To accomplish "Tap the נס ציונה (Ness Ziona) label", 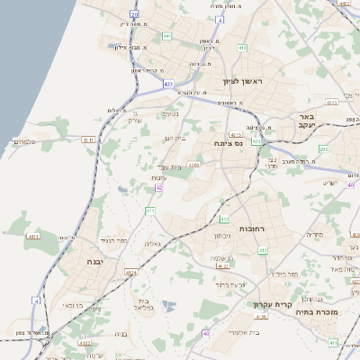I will coord(230,143).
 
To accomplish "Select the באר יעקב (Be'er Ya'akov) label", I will coord(308,122).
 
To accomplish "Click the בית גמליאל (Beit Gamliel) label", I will coord(145,305).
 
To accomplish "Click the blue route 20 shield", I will coord(135,15).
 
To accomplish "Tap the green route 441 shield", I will coord(167,36).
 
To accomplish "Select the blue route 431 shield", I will coord(168,84).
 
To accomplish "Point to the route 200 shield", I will coord(323,148).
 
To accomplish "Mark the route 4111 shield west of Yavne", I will coord(34,236).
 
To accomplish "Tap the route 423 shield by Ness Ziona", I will coord(256,141).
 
